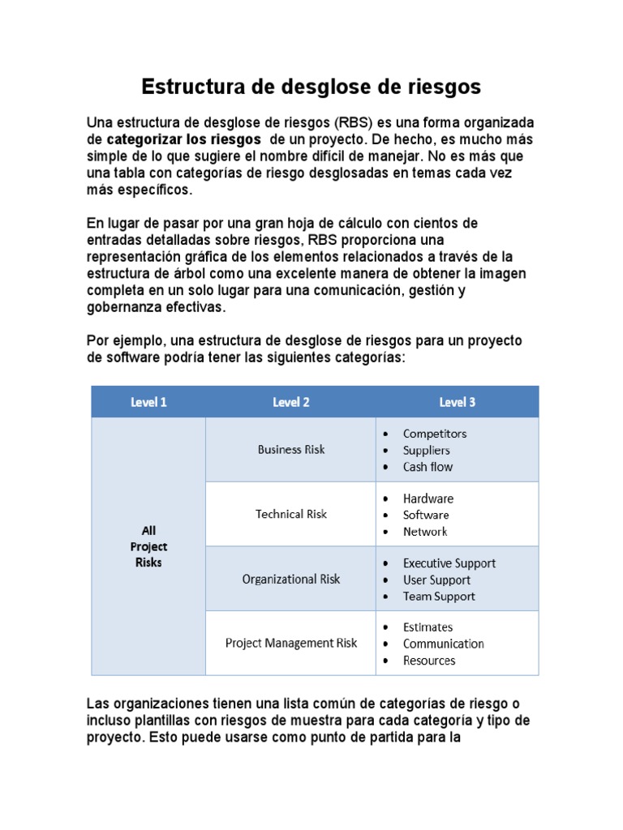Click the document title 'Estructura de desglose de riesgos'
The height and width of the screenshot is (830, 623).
pyautogui.click(x=311, y=87)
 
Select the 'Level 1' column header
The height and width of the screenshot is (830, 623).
pyautogui.click(x=148, y=402)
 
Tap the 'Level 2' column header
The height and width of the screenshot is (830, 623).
pyautogui.click(x=290, y=402)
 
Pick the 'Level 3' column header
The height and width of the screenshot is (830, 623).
pyautogui.click(x=457, y=402)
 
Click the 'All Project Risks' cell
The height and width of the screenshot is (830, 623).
pyautogui.click(x=148, y=546)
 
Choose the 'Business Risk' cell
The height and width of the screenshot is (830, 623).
pyautogui.click(x=290, y=449)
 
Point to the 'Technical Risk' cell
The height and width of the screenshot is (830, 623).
pyautogui.click(x=290, y=514)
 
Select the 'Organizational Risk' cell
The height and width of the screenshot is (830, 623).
pyautogui.click(x=290, y=579)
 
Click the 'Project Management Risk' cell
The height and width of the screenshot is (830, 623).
pyautogui.click(x=290, y=643)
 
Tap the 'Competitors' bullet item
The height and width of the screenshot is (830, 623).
pyautogui.click(x=434, y=434)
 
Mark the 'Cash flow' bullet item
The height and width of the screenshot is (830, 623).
pyautogui.click(x=428, y=467)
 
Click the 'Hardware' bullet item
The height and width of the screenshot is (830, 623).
pyautogui.click(x=428, y=498)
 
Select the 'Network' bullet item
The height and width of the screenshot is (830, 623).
pyautogui.click(x=425, y=532)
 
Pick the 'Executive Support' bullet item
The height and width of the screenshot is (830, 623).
pyautogui.click(x=449, y=563)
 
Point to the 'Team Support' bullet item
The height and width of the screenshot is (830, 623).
pyautogui.click(x=439, y=597)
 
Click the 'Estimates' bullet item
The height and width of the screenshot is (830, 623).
pyautogui.click(x=428, y=627)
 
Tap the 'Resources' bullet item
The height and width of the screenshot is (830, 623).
pyautogui.click(x=429, y=661)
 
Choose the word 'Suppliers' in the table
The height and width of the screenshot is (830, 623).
pyautogui.click(x=426, y=451)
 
